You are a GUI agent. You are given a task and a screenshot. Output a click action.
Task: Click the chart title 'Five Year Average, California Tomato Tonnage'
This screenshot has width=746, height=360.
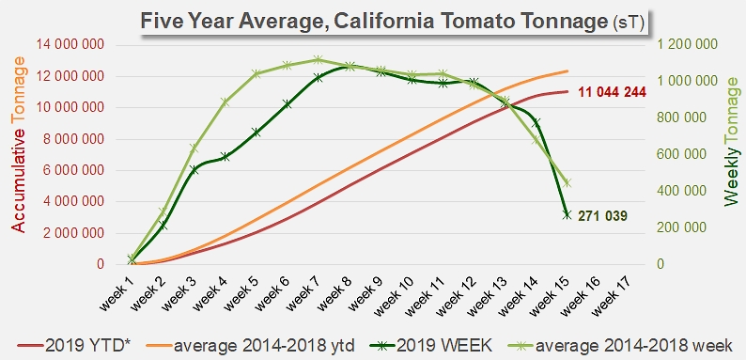[x=374, y=22]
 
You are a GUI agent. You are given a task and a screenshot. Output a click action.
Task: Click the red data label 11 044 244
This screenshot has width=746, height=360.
[x=612, y=92]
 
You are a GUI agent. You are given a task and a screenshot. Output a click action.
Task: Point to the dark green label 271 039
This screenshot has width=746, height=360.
[x=602, y=216]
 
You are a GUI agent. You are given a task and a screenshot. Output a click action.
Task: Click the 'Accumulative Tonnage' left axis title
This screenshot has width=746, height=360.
[x=18, y=145]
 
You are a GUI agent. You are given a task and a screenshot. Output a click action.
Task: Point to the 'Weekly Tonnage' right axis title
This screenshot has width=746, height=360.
[x=732, y=141]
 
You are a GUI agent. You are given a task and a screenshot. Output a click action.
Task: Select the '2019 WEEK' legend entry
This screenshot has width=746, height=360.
[x=427, y=345]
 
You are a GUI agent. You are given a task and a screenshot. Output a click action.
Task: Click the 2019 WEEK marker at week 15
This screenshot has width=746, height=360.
[x=567, y=214]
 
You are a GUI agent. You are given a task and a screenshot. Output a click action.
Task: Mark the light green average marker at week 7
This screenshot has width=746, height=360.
[x=319, y=60]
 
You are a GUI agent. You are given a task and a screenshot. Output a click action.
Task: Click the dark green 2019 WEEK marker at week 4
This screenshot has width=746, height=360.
[x=225, y=157]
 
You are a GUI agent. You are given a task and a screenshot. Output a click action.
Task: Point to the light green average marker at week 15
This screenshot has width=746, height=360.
[x=567, y=183]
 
